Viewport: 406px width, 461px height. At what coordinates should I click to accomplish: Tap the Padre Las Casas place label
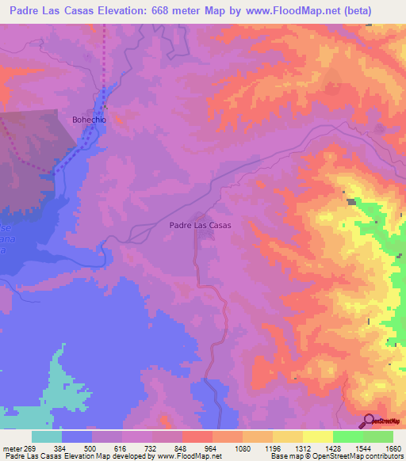[201, 226]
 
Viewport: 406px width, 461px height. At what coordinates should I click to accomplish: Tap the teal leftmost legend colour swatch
[47, 436]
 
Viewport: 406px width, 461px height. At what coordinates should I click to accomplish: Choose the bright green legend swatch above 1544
[347, 436]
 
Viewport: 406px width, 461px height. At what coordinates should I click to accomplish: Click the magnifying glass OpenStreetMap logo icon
[368, 421]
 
